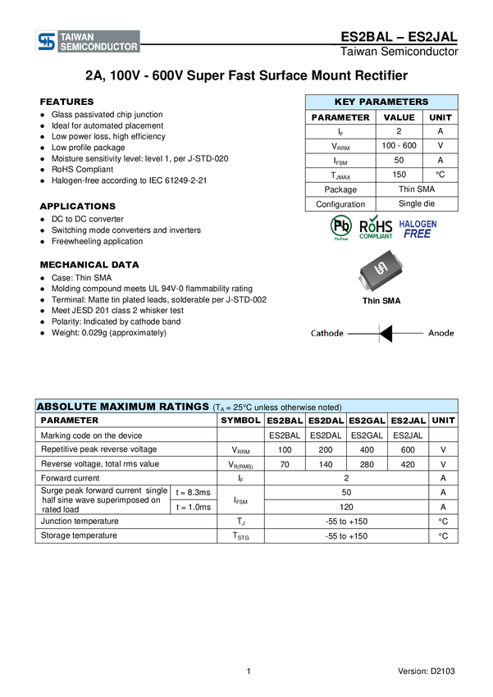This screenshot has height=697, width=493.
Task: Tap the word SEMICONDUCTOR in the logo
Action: click(x=98, y=48)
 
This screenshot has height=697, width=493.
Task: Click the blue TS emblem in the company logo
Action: click(x=47, y=42)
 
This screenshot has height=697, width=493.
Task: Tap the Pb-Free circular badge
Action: click(x=340, y=227)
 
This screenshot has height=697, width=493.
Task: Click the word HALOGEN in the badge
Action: click(x=418, y=223)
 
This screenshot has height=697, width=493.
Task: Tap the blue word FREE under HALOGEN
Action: click(x=418, y=234)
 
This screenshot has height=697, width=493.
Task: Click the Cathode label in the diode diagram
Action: click(x=326, y=334)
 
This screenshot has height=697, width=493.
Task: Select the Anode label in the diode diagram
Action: click(x=441, y=334)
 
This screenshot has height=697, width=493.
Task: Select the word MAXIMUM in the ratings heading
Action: click(x=130, y=407)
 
